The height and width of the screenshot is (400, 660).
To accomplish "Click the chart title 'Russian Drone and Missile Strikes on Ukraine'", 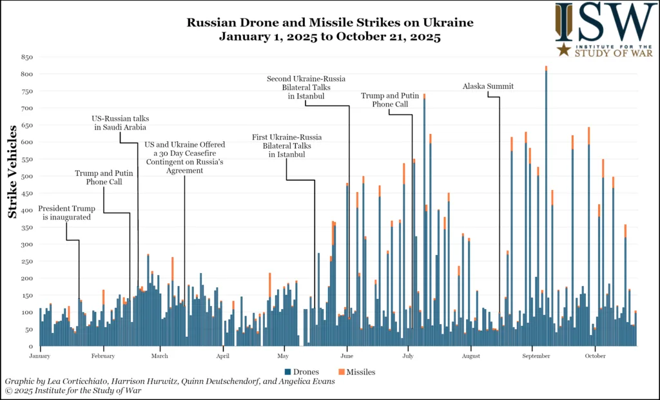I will pos(329,23).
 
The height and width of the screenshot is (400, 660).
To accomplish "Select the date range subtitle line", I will pos(329,37).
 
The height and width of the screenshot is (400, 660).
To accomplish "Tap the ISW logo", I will pos(605,29).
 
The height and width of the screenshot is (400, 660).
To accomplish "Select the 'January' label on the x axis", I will pos(40,356).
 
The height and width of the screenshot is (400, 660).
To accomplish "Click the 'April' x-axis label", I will pos(223,356).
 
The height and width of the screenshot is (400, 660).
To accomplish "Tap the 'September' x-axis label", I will pos(532,356).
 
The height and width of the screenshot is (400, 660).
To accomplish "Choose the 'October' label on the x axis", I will pos(595,356).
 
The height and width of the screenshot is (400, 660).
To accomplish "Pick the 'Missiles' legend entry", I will pos(357,372).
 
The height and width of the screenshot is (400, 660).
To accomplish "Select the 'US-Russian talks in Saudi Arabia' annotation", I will pos(120,122).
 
